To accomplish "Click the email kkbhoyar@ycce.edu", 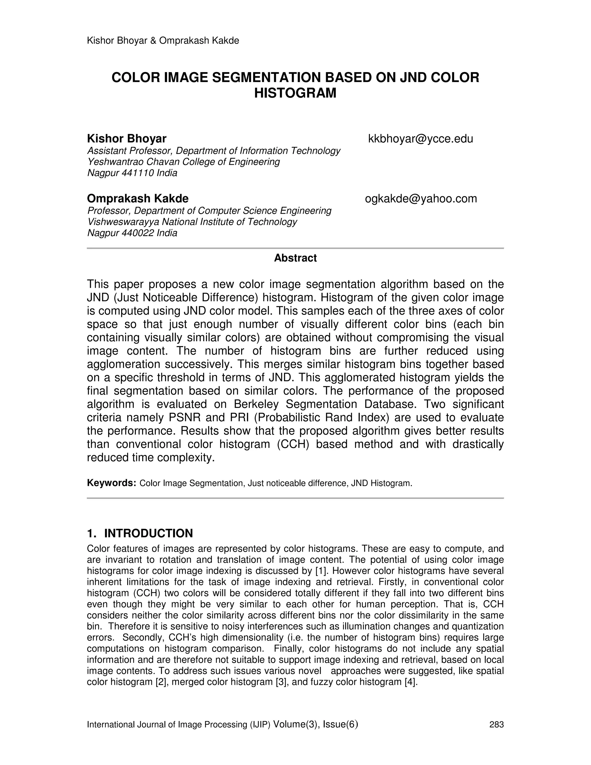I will point(420,139).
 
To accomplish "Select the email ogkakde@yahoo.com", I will point(420,199).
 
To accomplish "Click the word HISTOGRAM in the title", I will point(295,93).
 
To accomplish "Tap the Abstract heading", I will point(295,258).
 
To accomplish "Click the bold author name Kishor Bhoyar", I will point(126,139).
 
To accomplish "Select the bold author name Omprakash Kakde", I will point(138,199).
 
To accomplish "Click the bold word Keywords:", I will point(111,483).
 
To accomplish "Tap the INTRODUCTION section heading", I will point(148,533).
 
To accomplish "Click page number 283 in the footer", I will point(496,724).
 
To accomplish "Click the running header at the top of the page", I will point(163,41).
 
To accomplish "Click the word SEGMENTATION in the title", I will point(265,77).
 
